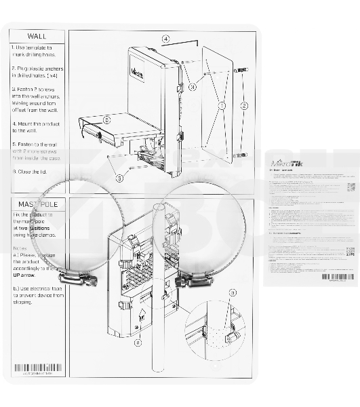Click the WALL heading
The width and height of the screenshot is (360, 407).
tap(37, 36)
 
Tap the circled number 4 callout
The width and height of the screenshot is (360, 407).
tap(166, 39)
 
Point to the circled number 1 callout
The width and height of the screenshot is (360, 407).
tap(221, 106)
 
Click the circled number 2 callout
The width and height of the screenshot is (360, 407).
tap(245, 105)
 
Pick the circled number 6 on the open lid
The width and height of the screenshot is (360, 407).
tap(107, 119)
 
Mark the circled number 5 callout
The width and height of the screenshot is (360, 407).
tap(119, 178)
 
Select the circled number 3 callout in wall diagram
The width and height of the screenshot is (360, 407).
tap(193, 87)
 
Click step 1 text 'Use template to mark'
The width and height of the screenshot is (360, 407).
tap(37, 52)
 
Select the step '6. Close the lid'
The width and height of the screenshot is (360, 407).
tap(32, 172)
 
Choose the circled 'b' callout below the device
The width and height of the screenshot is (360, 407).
tap(138, 343)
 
